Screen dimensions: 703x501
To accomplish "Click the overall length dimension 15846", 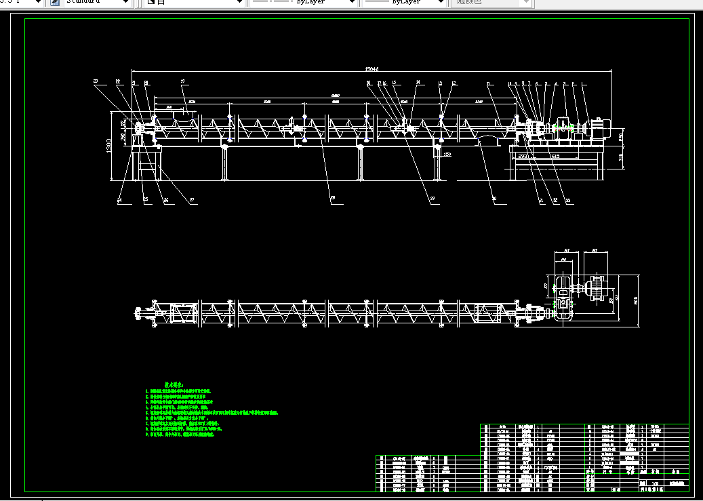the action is pos(371,68).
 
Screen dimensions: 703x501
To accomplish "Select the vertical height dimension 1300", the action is pos(109,146).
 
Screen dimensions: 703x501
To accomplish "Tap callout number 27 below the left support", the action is pos(192,200).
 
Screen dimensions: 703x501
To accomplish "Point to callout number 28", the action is pos(332,199).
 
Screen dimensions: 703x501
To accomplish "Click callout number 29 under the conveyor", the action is pos(432,198).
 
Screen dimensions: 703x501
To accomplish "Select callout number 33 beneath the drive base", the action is pos(567,199).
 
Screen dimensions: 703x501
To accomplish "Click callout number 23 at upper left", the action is pos(96,82).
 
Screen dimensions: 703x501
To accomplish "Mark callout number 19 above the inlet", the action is pos(182,82).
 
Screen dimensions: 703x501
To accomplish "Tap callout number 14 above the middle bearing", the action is pos(418,83).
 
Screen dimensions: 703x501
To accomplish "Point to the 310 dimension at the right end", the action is pos(621,157).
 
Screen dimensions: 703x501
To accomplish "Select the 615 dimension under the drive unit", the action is pos(555,156).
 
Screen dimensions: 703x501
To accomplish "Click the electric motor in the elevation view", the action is pos(598,127).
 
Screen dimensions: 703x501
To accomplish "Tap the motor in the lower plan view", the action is pos(597,289).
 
